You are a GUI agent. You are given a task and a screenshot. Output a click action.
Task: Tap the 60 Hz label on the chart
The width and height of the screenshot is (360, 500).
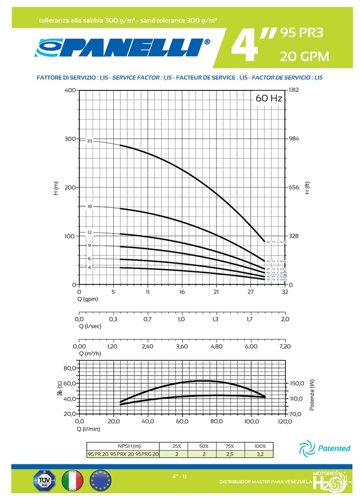pos(269,99)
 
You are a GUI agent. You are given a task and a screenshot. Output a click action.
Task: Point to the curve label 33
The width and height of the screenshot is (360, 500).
pos(89,141)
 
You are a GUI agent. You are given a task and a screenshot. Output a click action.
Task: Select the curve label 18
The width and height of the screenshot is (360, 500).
pos(89,207)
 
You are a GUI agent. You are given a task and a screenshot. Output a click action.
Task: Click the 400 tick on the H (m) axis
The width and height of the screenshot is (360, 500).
pos(70,90)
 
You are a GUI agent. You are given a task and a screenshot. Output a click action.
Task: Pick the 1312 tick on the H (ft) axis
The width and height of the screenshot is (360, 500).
pos(294,90)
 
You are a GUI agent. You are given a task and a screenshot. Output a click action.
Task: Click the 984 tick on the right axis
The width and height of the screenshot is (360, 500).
pos(293,139)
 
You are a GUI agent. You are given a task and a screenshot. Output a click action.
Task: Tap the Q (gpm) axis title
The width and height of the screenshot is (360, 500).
pos(88,299)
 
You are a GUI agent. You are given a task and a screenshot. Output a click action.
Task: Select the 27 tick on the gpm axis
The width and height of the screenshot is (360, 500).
pos(250,292)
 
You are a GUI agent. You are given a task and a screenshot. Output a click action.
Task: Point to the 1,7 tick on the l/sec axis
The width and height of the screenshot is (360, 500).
pos(250,319)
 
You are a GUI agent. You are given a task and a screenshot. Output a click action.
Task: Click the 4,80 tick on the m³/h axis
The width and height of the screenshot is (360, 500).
pos(216,346)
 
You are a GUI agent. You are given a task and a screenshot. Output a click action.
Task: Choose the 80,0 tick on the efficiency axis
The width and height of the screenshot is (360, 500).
pos(70,368)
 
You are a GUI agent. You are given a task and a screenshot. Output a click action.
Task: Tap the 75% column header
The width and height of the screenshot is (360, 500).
pos(232,446)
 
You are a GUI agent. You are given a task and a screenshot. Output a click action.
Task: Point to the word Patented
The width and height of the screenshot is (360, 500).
pos(335,448)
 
